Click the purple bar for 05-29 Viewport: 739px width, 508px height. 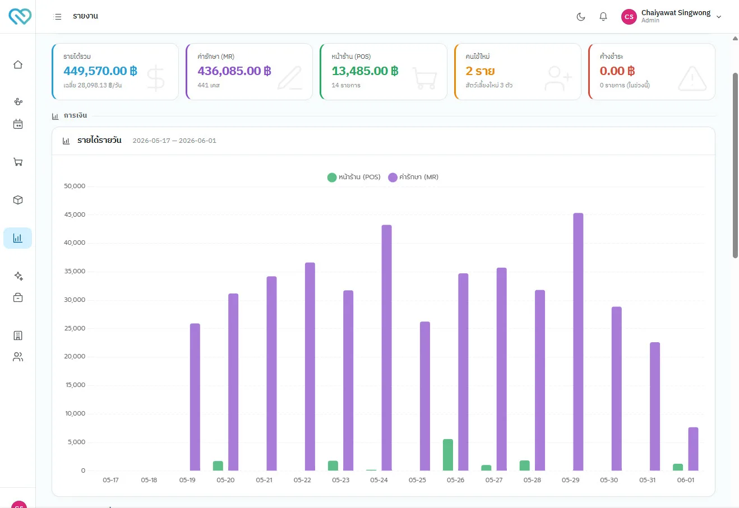click(x=578, y=342)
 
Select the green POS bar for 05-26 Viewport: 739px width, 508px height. click(x=447, y=455)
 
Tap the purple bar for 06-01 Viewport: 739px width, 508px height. click(x=693, y=449)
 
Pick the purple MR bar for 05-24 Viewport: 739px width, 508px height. click(x=387, y=347)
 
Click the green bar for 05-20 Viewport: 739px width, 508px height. click(x=218, y=465)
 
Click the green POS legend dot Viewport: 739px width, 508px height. click(x=332, y=178)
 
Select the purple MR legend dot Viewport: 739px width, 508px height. click(x=392, y=178)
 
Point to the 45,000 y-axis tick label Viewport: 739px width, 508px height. click(x=75, y=215)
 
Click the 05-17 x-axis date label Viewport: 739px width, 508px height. click(x=110, y=480)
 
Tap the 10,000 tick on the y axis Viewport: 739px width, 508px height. click(x=75, y=413)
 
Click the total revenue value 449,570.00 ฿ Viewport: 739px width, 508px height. click(x=100, y=71)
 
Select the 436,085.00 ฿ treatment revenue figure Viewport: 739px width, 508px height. click(x=234, y=71)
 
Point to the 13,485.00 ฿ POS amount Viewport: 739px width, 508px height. click(x=365, y=71)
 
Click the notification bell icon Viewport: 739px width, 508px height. click(x=603, y=16)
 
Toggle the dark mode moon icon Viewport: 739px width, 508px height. click(x=581, y=16)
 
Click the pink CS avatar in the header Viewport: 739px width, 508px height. click(x=629, y=16)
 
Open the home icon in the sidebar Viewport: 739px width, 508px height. click(x=18, y=64)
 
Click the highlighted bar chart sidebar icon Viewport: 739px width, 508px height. click(x=18, y=238)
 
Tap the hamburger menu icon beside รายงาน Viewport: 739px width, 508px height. click(x=57, y=16)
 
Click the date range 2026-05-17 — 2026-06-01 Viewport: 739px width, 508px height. click(x=174, y=141)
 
